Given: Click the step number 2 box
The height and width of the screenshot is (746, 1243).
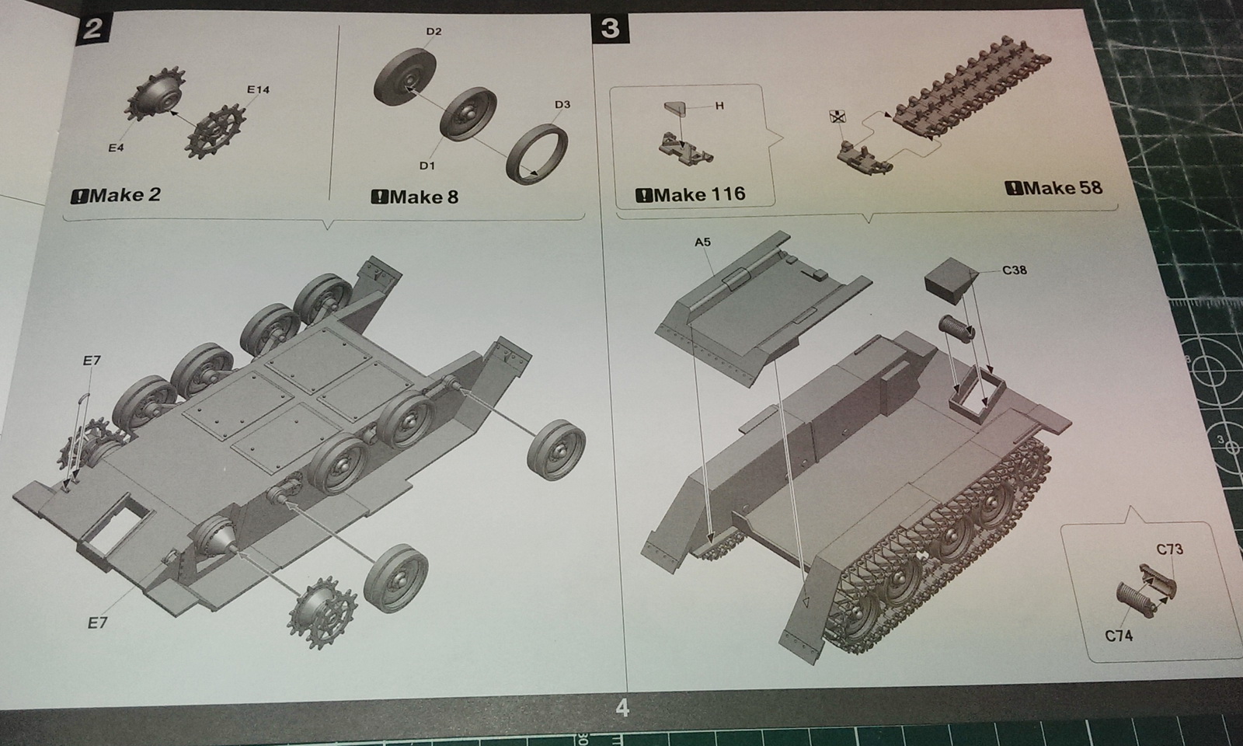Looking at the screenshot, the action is [92, 28].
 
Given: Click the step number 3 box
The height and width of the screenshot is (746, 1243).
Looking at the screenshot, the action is [611, 28].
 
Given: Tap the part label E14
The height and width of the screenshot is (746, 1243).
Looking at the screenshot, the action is [258, 89].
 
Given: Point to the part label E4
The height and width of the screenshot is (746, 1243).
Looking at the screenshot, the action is [116, 148].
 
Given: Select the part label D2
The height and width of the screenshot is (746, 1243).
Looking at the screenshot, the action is [434, 32].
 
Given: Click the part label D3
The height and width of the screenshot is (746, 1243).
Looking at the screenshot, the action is [562, 104].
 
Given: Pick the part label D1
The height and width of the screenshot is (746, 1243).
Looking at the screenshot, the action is [427, 166].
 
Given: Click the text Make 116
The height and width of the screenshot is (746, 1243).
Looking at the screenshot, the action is [691, 193].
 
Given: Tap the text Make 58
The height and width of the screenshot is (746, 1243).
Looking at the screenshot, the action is [1053, 188].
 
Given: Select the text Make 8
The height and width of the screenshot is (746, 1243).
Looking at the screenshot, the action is [415, 197].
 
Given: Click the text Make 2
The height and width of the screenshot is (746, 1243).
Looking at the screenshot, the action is [116, 195].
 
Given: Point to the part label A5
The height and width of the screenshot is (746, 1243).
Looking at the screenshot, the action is [702, 242].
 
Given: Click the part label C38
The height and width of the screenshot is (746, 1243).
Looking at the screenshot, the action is [1015, 270].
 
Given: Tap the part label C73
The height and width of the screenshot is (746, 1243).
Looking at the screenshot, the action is [1170, 549].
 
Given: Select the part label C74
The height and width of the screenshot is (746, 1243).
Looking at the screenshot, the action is [1119, 636].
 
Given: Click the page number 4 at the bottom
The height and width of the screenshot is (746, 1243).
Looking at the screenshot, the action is [622, 708].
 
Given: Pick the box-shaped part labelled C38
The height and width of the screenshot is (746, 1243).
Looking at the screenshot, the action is [951, 281].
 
